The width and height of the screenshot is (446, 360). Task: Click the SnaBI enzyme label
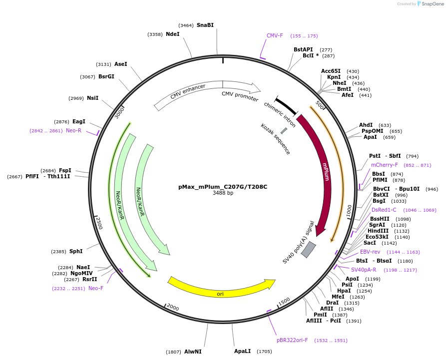[x=205, y=25]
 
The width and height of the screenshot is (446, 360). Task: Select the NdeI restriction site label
[x=172, y=34]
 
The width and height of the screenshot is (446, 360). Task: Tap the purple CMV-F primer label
[x=275, y=35]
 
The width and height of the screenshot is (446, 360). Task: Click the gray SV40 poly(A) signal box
[x=308, y=249]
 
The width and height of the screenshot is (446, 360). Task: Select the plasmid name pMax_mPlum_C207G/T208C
[x=223, y=187]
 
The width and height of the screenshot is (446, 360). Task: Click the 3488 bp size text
[x=223, y=193]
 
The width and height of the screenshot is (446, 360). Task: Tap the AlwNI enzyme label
[x=193, y=352]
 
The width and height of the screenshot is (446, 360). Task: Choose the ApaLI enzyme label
[x=243, y=351]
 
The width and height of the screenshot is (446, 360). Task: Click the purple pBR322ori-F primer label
[x=292, y=340]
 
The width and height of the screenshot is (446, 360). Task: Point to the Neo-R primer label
[x=73, y=130]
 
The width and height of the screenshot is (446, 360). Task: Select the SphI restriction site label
[x=76, y=251]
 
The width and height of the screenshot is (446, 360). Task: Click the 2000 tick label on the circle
[x=173, y=307]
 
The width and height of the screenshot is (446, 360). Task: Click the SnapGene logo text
[x=430, y=3]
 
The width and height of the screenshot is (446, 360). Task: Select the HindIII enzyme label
[x=378, y=231]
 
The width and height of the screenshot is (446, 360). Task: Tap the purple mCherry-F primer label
[x=384, y=165]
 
